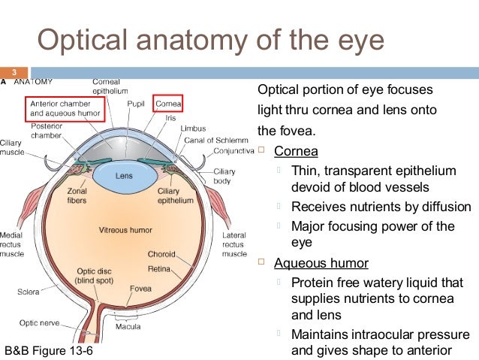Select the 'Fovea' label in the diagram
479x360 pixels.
click(140, 289)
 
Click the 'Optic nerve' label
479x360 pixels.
click(39, 322)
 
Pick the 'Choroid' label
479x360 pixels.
click(161, 253)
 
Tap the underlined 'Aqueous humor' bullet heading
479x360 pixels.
click(321, 263)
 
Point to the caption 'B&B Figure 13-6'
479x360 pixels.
click(50, 351)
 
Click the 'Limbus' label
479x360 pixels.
click(193, 129)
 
